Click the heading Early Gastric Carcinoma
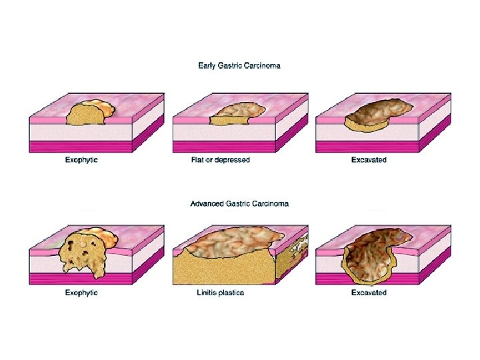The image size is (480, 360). pyautogui.click(x=239, y=65)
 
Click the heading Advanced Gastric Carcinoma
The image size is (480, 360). pyautogui.click(x=239, y=203)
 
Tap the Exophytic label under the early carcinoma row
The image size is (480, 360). pyautogui.click(x=81, y=161)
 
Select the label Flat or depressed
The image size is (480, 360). pyautogui.click(x=220, y=161)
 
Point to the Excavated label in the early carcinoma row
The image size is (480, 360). pyautogui.click(x=369, y=161)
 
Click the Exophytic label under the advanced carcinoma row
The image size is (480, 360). pyautogui.click(x=81, y=293)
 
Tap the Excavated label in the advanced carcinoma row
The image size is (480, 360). pyautogui.click(x=369, y=293)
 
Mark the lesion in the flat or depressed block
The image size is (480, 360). pyautogui.click(x=233, y=113)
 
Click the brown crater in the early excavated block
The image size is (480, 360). pyautogui.click(x=377, y=111)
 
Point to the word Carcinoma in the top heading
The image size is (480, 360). pyautogui.click(x=262, y=65)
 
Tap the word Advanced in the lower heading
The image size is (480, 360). pyautogui.click(x=207, y=203)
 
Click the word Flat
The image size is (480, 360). pyautogui.click(x=197, y=161)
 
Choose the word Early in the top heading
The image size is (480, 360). pyautogui.click(x=207, y=65)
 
